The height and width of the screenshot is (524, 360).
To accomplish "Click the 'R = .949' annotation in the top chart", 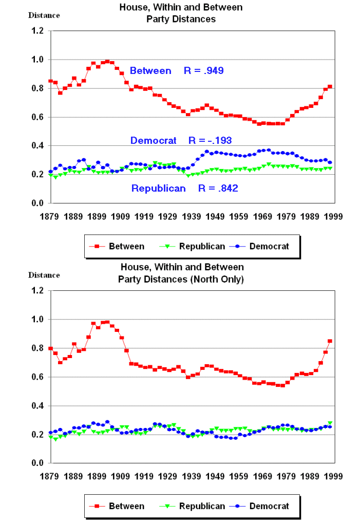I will click(204, 71).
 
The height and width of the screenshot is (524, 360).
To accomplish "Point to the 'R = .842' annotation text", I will click(218, 189).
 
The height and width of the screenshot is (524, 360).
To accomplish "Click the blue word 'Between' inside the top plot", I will click(150, 71).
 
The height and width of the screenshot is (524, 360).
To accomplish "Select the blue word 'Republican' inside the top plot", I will click(159, 189).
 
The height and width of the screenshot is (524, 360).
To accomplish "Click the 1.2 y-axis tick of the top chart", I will click(37, 31).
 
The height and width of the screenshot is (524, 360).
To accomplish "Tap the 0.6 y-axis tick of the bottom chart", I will click(37, 377).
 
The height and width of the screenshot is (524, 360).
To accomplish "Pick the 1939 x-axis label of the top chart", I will click(191, 216).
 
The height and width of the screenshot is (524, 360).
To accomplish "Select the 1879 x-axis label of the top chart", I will click(50, 216).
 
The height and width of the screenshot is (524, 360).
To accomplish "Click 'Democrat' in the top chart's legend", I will click(269, 246).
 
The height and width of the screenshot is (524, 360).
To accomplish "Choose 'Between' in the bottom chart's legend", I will click(126, 506).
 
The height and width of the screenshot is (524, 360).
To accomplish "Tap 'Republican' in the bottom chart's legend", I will click(202, 506).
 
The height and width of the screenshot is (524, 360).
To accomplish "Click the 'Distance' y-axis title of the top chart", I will click(44, 15).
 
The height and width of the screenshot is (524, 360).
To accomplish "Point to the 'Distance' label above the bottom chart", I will click(44, 275).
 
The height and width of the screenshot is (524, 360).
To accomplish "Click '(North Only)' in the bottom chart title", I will click(214, 279).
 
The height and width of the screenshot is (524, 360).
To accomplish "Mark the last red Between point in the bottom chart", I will click(330, 341).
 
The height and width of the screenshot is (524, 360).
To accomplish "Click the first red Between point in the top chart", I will click(50, 81).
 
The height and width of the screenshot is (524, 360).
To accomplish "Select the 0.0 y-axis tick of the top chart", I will click(37, 203).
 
